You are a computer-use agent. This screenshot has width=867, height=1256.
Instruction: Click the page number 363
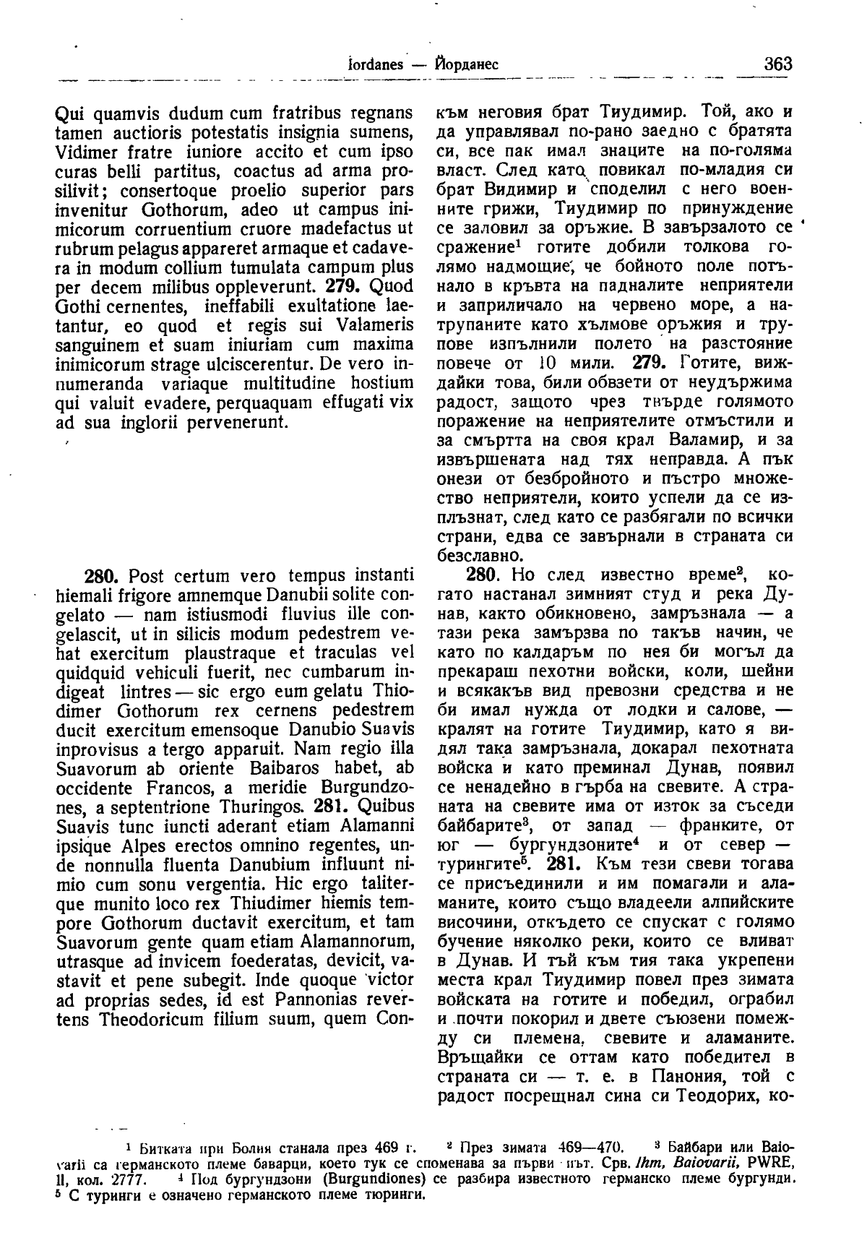pos(777,64)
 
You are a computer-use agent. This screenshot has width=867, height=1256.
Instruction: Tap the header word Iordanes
pos(375,64)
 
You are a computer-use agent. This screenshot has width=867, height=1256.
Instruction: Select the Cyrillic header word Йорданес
pos(467,64)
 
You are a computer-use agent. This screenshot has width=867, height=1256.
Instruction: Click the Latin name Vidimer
pos(82,152)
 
